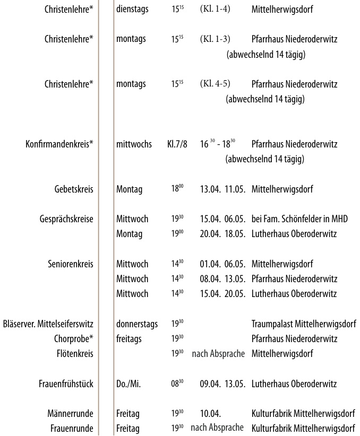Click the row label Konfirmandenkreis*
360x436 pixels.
click(x=59, y=144)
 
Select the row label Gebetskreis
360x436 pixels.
click(x=74, y=189)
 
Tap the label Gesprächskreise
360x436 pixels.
click(x=66, y=219)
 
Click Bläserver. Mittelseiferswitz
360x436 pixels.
click(x=48, y=324)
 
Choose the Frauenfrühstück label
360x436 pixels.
click(x=66, y=383)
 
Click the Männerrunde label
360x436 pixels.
click(x=71, y=413)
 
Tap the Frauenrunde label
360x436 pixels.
click(x=71, y=428)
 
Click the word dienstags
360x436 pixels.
click(x=133, y=10)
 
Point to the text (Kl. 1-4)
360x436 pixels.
click(x=215, y=10)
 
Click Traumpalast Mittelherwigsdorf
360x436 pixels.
click(x=303, y=324)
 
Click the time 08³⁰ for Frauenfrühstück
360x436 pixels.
click(x=177, y=383)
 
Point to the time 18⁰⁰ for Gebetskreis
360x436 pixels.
click(x=177, y=189)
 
